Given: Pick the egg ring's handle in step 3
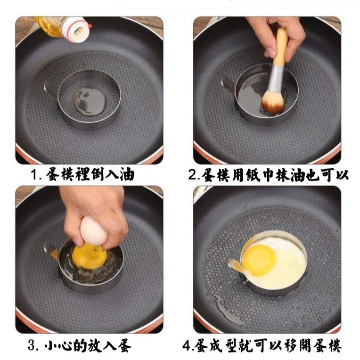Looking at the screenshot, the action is pos(51,251).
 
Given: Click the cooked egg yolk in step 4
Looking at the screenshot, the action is pos(259,261).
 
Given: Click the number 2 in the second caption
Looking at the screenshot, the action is pos(192,175).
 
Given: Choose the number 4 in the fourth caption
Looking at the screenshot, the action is pos(186,345).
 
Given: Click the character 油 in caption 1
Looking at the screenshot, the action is pos(127,175).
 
